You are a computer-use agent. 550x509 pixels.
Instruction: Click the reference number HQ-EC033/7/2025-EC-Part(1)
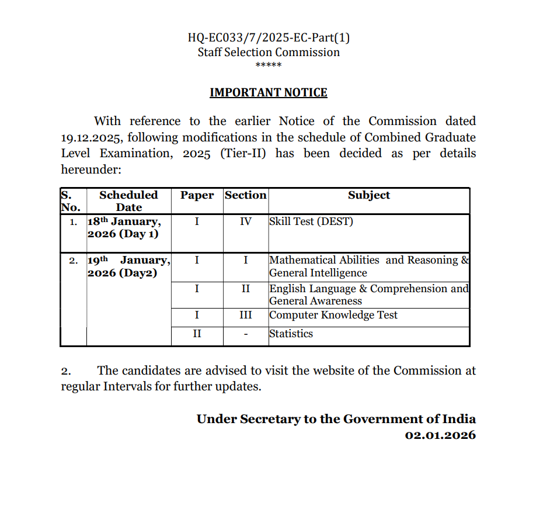pos(269,38)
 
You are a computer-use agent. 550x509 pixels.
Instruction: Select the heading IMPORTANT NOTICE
pos(269,92)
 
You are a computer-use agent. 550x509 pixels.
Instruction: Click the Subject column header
pos(369,195)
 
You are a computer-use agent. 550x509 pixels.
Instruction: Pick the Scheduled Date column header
pos(128,201)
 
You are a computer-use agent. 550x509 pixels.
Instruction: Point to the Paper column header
pos(197,195)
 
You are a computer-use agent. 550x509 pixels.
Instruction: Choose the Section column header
pos(245,195)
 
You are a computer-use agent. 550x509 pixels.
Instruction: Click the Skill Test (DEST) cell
pos(311,222)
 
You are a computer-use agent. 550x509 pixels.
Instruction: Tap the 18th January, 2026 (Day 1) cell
pos(123,228)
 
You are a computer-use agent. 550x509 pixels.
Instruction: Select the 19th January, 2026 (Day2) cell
pos(128,266)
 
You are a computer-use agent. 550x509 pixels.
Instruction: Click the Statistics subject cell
pos(291,334)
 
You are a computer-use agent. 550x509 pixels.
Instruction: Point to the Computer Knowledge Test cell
pos(333,315)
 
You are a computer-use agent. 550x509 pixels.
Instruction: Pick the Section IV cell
pos(245,222)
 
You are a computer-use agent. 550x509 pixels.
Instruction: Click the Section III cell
pos(245,315)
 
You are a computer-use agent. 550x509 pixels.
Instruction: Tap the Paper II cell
pos(197,334)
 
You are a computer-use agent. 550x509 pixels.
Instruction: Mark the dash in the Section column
pos(245,334)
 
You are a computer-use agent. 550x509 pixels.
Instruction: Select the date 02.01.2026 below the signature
pos(440,435)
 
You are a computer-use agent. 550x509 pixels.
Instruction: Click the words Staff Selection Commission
pos(269,52)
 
